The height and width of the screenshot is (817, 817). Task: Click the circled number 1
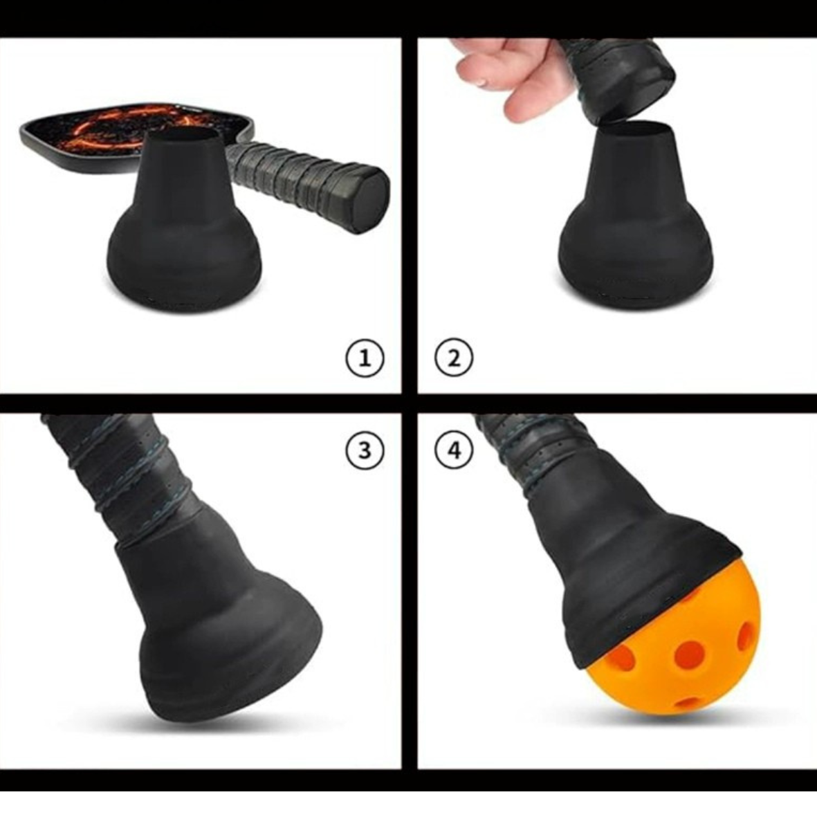pyautogui.click(x=364, y=358)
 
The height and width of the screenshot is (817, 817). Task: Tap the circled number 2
pyautogui.click(x=454, y=358)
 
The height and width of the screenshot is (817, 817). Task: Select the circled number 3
pyautogui.click(x=364, y=450)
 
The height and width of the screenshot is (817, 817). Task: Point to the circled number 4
pyautogui.click(x=454, y=450)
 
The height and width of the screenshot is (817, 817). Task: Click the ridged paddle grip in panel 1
pyautogui.click(x=297, y=173)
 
